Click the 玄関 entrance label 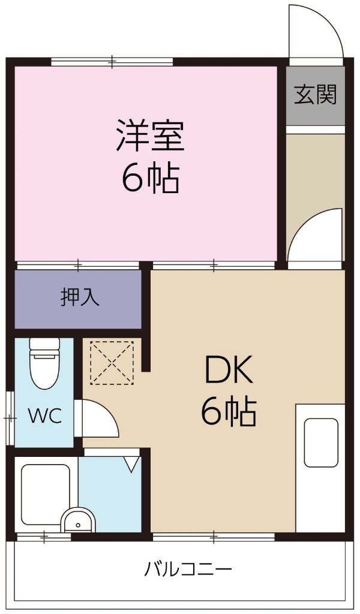pyautogui.click(x=315, y=95)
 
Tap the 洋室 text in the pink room pyautogui.click(x=150, y=136)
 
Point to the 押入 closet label pyautogui.click(x=80, y=298)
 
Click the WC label pyautogui.click(x=45, y=416)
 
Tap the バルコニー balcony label pyautogui.click(x=188, y=568)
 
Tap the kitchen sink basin pyautogui.click(x=320, y=443)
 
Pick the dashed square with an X pyautogui.click(x=112, y=362)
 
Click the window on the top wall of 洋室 pyautogui.click(x=112, y=61)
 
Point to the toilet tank pyautogui.click(x=44, y=345)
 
